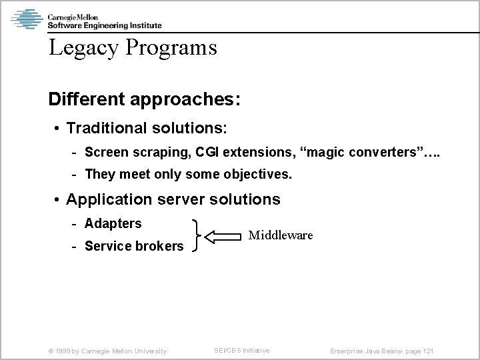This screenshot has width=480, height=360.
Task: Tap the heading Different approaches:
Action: (x=144, y=99)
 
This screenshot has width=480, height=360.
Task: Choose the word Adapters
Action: (x=113, y=223)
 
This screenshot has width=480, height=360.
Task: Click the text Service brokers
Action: (x=134, y=247)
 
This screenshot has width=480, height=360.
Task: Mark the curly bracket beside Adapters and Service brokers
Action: (x=195, y=235)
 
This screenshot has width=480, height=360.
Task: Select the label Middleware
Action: (x=280, y=235)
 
